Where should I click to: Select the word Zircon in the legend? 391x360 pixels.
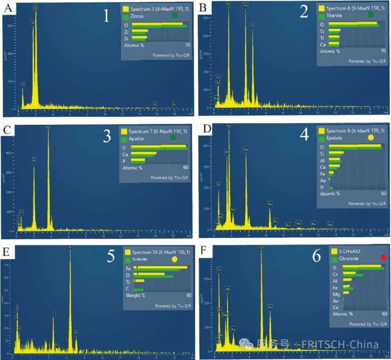[x=139, y=17]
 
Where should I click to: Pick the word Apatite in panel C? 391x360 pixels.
[x=137, y=139]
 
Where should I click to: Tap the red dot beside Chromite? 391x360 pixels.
[x=384, y=258]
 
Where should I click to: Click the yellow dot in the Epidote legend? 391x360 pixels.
[x=371, y=137]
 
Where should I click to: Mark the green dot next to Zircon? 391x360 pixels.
[x=175, y=16]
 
